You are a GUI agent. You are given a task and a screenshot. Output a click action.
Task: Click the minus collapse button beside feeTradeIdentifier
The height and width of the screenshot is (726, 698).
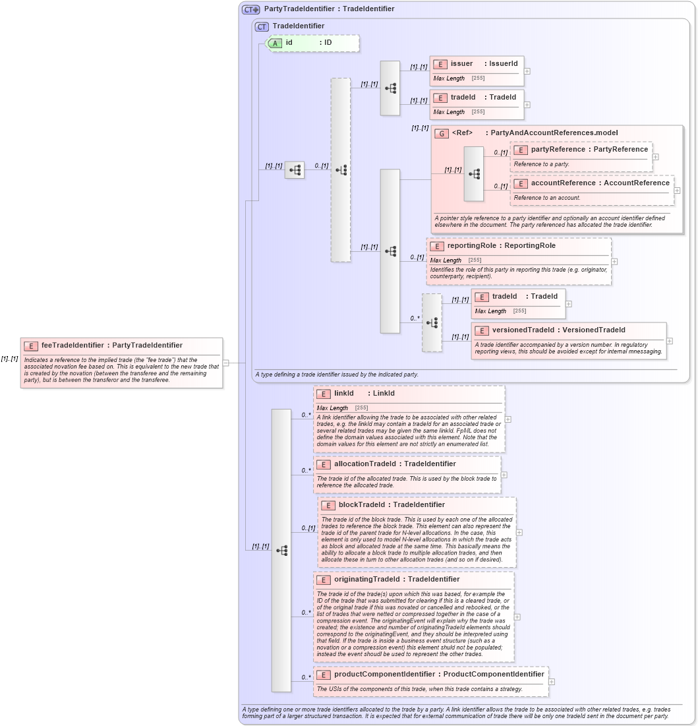tap(225, 362)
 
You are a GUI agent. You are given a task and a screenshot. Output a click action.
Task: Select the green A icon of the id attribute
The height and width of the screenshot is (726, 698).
tap(275, 43)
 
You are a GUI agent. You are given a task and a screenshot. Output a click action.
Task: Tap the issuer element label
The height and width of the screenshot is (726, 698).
tap(461, 63)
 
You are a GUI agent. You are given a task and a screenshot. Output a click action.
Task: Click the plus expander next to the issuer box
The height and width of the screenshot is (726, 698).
tap(527, 71)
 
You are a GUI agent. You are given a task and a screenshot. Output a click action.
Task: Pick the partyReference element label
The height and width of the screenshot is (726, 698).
tap(558, 149)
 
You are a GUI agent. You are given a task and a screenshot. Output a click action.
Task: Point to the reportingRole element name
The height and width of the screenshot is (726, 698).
tap(473, 245)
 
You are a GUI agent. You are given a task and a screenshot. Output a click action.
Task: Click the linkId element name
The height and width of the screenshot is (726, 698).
tap(343, 393)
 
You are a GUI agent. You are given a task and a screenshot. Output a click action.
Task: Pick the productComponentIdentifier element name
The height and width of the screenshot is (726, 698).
tap(384, 674)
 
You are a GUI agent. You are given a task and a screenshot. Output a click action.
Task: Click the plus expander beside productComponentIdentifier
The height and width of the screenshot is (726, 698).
tap(552, 682)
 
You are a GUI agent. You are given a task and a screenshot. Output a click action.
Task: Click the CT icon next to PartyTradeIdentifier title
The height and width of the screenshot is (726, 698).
tap(250, 9)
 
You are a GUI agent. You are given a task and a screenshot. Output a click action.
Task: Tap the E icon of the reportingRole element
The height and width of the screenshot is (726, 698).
tap(436, 246)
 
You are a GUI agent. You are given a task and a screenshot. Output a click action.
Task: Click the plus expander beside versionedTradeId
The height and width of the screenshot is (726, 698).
tap(670, 341)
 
